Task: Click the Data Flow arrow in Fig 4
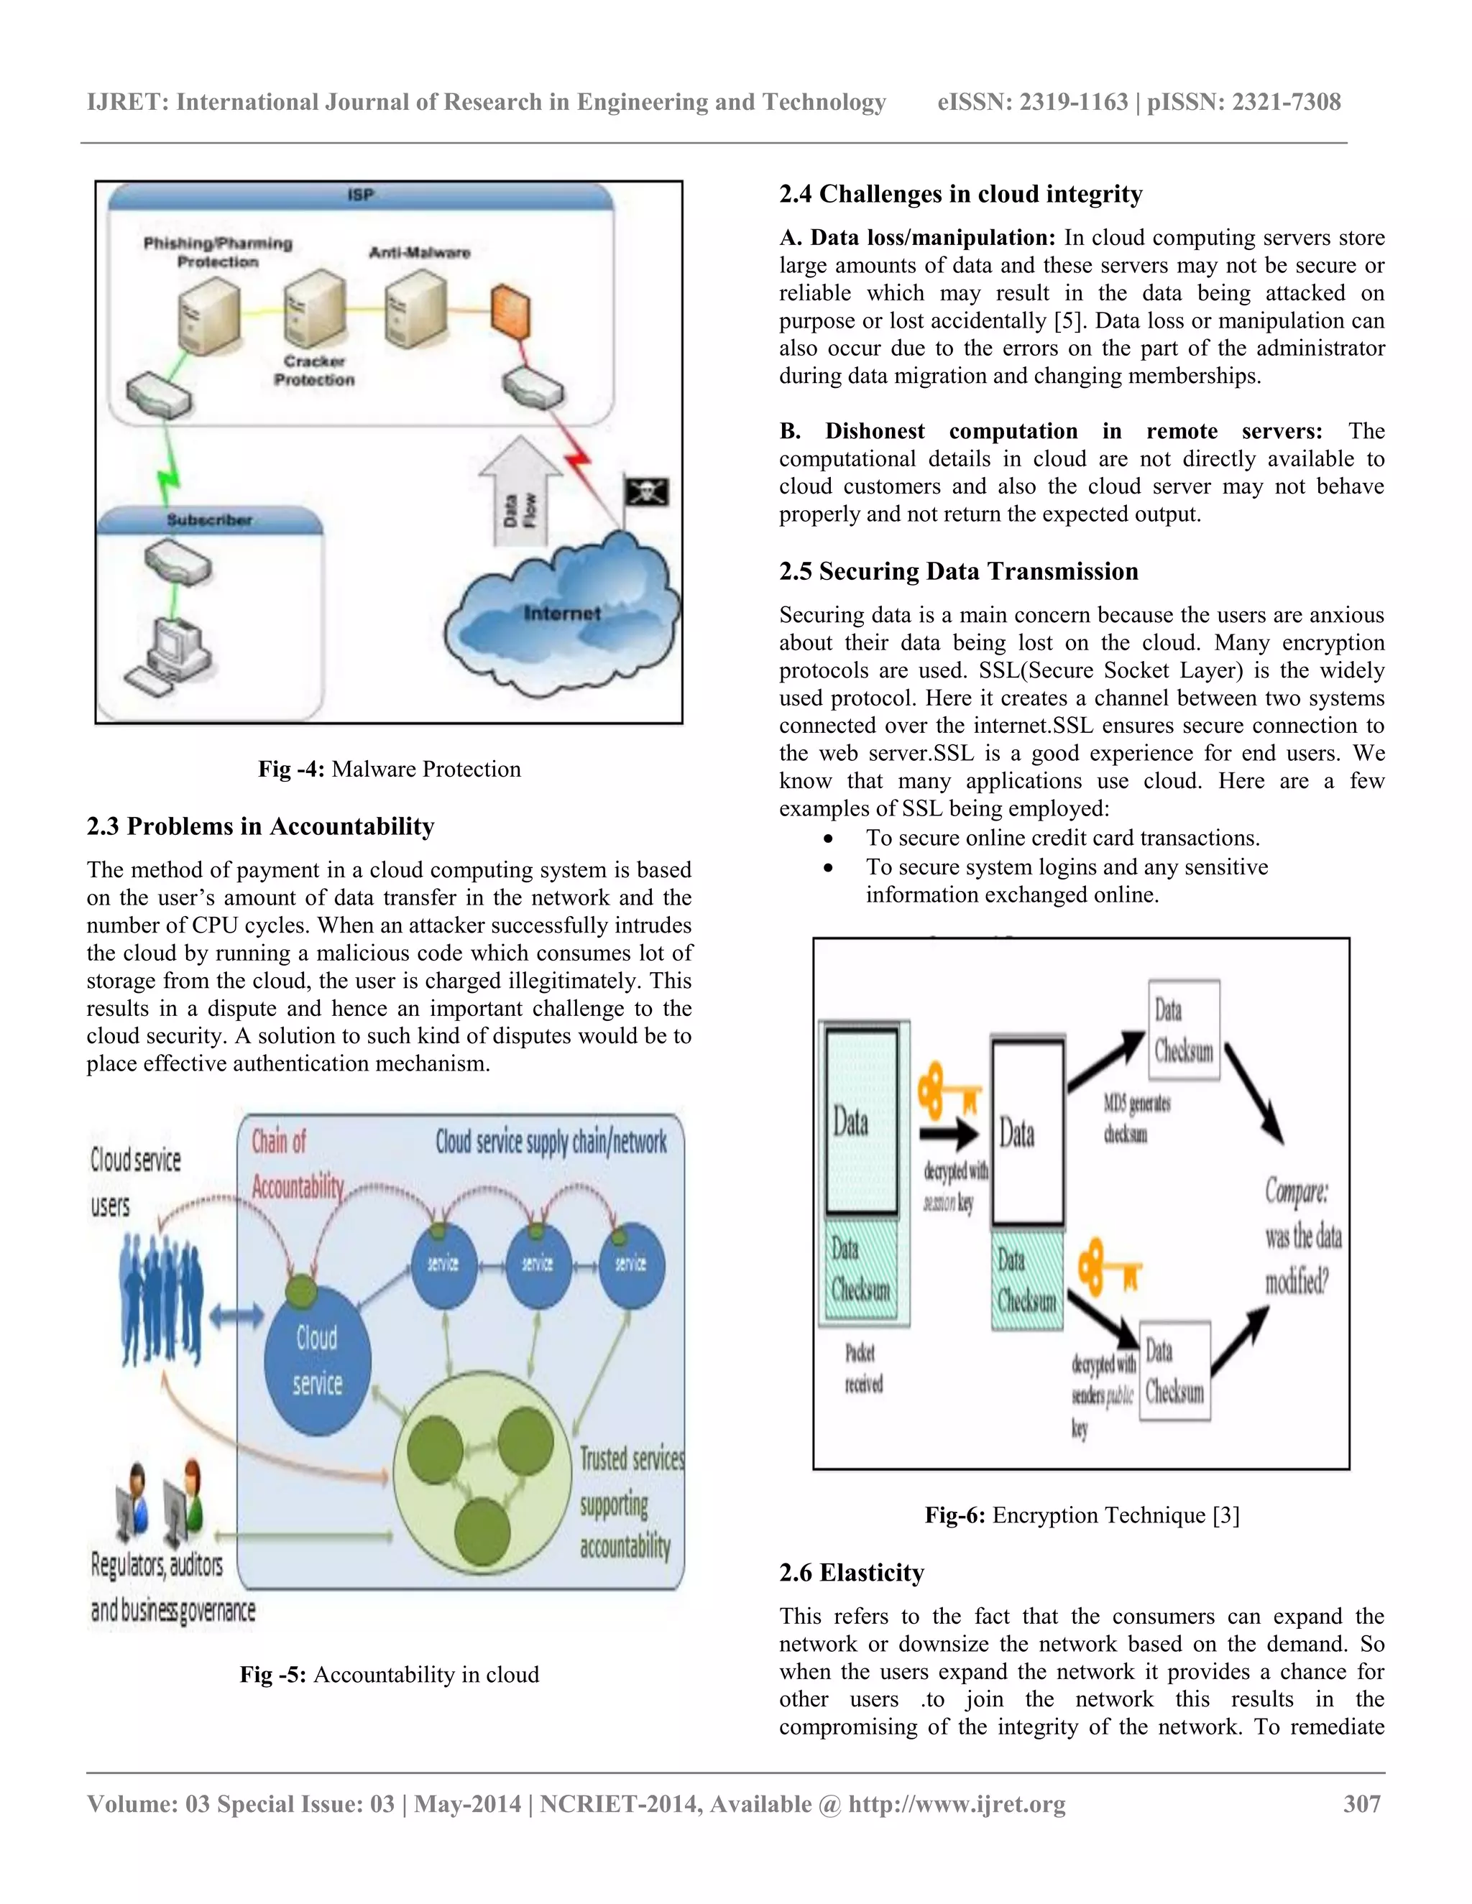coord(520,494)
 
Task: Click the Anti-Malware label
coord(420,253)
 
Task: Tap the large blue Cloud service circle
coord(318,1361)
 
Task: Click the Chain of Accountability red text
coord(297,1164)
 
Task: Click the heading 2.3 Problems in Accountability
coord(260,826)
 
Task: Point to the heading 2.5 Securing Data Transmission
coord(958,571)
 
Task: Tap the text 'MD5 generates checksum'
coord(1136,1119)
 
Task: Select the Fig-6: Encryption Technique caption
coord(1081,1515)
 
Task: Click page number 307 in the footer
coord(1361,1803)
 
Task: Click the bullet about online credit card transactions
coord(1062,838)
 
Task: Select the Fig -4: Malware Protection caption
coord(389,769)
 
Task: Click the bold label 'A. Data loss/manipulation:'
coord(917,238)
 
